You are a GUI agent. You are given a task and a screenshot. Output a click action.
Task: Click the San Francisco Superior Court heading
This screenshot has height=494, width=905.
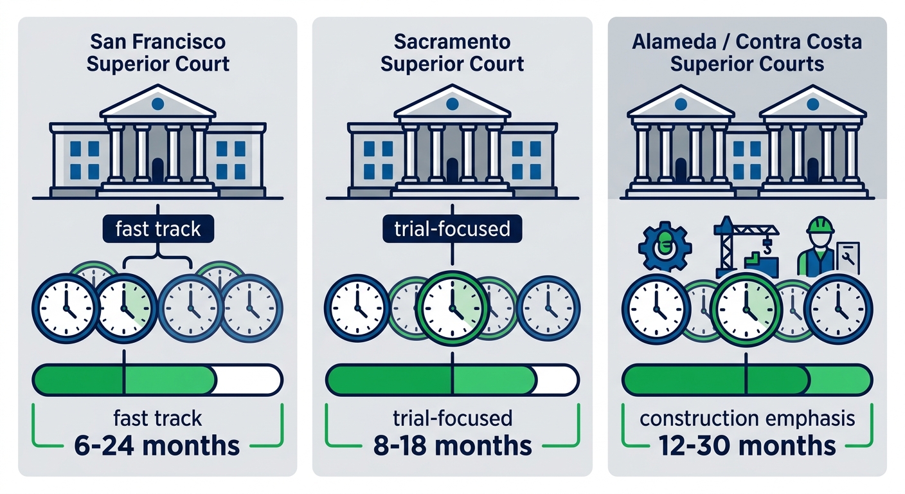157,53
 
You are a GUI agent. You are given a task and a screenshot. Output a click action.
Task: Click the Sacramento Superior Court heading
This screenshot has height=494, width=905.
452,53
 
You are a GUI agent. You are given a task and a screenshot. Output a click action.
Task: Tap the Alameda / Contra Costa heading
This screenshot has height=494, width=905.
746,53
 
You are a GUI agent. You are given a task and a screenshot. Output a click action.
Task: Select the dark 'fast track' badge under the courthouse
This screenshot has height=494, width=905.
157,230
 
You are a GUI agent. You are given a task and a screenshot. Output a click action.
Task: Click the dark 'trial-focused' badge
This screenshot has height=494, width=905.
452,230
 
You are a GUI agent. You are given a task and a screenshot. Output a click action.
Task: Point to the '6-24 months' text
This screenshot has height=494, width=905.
157,445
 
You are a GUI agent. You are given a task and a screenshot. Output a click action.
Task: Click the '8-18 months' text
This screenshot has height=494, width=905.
452,445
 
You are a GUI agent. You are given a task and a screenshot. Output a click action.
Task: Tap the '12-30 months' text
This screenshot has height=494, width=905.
746,445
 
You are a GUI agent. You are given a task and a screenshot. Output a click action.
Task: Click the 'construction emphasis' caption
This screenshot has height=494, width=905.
746,419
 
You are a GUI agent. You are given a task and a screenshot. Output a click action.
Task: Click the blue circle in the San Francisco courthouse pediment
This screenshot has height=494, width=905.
157,103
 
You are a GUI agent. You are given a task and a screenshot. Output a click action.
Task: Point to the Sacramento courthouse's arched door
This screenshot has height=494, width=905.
452,170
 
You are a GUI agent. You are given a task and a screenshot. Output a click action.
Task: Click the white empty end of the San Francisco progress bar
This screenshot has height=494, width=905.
247,380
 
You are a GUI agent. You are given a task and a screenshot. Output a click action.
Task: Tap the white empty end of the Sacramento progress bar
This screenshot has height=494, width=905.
557,380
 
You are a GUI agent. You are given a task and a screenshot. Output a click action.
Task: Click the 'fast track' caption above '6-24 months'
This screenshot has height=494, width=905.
157,419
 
